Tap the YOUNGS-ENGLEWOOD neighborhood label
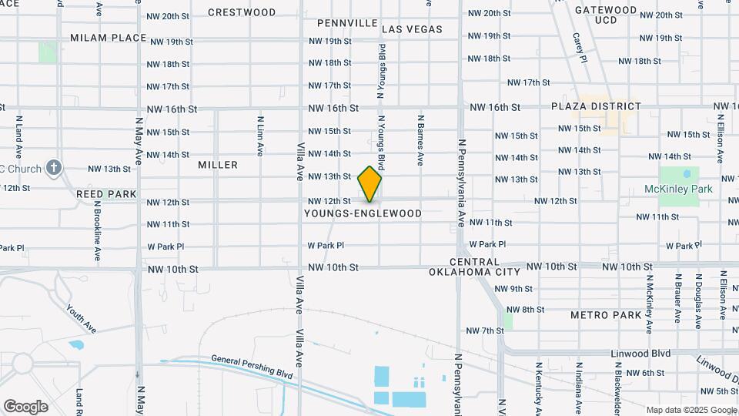(x=363, y=213)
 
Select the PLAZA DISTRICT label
(x=596, y=106)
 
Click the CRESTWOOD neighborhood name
(x=242, y=12)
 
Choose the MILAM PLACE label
(x=108, y=38)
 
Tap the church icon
(x=53, y=167)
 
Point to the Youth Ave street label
(x=81, y=318)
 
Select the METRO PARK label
(x=606, y=315)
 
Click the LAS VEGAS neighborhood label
(x=412, y=29)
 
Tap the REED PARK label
(x=106, y=194)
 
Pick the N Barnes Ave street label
(x=420, y=140)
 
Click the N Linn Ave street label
(x=260, y=135)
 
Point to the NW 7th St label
(x=484, y=330)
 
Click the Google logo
(x=25, y=406)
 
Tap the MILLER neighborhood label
(x=218, y=165)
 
